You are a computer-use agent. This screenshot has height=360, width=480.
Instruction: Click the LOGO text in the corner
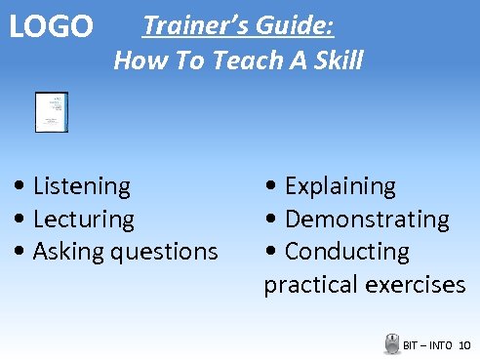[x=51, y=25]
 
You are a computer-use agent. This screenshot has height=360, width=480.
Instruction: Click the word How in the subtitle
[x=138, y=60]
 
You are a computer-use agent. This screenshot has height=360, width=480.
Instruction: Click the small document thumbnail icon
[x=51, y=111]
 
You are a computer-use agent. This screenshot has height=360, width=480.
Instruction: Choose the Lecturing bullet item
[x=83, y=219]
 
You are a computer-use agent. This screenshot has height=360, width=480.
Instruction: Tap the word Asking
[x=69, y=252]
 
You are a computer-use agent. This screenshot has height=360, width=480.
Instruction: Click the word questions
[x=165, y=252]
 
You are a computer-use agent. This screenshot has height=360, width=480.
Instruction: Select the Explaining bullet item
[x=340, y=185]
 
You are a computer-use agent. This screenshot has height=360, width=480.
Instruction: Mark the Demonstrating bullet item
[x=366, y=219]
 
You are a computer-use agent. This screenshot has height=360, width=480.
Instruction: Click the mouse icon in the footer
[x=393, y=343]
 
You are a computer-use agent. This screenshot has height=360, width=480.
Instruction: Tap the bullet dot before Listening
[x=21, y=186]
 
